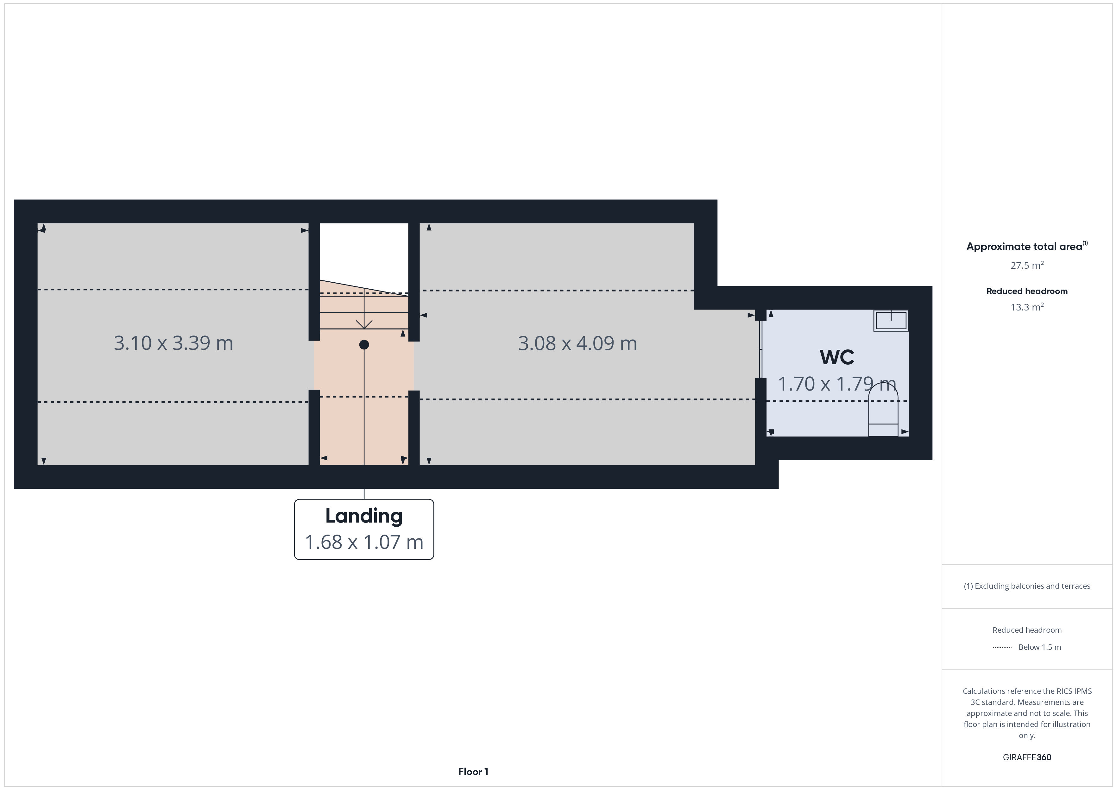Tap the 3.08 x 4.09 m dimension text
coord(577,343)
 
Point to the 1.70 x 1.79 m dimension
coord(837,384)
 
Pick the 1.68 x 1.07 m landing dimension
coord(364,542)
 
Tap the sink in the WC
coord(891,321)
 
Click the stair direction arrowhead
coord(364,324)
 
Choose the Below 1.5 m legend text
coord(1040,647)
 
